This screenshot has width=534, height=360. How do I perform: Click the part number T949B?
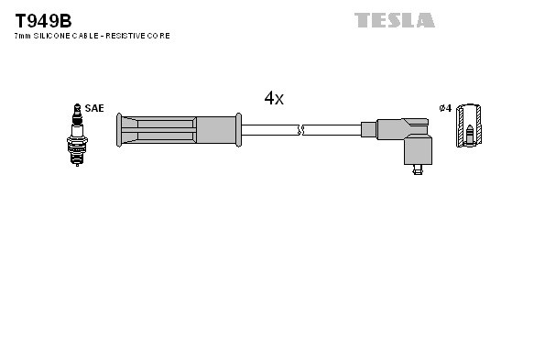tap(43, 19)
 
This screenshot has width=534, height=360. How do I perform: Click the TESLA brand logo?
tap(395, 19)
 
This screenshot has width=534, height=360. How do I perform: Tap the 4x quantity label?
tap(274, 99)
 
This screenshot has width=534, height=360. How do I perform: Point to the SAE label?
tap(94, 108)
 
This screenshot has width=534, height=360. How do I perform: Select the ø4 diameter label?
tap(445, 108)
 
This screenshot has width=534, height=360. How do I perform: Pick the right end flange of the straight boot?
tap(239, 130)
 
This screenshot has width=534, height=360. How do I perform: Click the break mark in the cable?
tap(300, 130)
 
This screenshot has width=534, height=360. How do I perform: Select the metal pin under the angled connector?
tap(418, 169)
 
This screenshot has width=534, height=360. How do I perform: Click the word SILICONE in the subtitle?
tap(53, 36)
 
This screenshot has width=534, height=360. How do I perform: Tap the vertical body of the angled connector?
tap(418, 147)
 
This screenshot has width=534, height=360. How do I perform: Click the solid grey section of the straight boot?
tap(216, 130)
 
